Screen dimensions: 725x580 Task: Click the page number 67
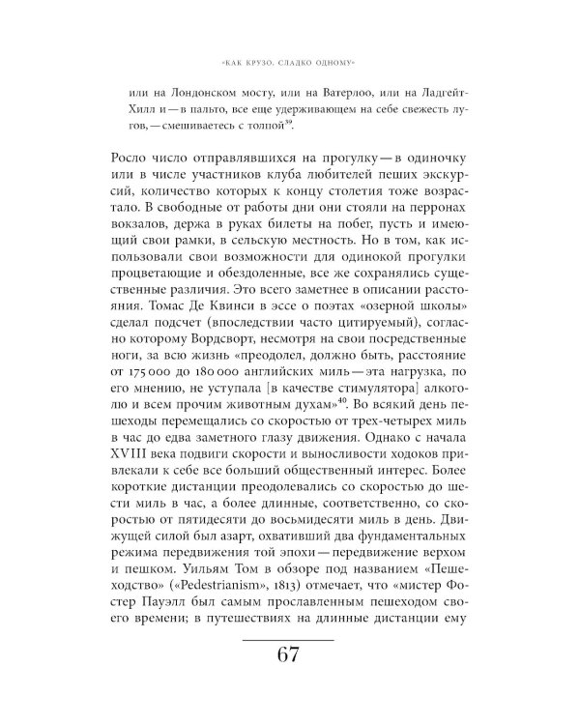click(287, 655)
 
